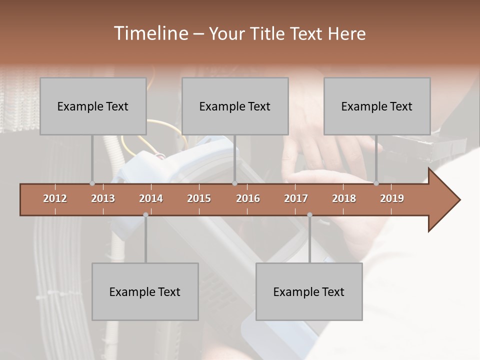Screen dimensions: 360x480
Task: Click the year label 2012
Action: pyautogui.click(x=55, y=198)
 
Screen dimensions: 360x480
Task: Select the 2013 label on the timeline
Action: pyautogui.click(x=103, y=198)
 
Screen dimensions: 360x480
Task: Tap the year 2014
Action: pyautogui.click(x=151, y=198)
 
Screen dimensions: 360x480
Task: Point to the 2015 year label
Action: pyautogui.click(x=199, y=198)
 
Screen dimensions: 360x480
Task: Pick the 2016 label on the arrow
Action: pyautogui.click(x=248, y=198)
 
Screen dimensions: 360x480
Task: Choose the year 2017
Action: pyautogui.click(x=296, y=198)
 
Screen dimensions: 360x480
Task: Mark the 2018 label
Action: pyautogui.click(x=344, y=198)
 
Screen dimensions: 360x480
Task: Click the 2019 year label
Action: pyautogui.click(x=392, y=198)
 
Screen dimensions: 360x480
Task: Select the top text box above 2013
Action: pyautogui.click(x=93, y=106)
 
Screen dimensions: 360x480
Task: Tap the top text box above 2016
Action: pyautogui.click(x=235, y=106)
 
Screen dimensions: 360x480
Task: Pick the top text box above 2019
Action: pyautogui.click(x=377, y=106)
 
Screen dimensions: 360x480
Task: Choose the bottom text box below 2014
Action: pyautogui.click(x=145, y=291)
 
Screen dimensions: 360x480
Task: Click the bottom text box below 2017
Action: pyautogui.click(x=309, y=291)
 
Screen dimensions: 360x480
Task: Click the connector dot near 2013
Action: pyautogui.click(x=92, y=183)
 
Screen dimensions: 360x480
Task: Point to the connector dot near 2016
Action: pyautogui.click(x=234, y=183)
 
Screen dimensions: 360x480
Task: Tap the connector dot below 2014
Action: pyautogui.click(x=145, y=215)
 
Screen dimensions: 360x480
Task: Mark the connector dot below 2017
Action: pyautogui.click(x=309, y=215)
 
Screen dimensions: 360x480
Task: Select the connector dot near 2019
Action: pyautogui.click(x=376, y=183)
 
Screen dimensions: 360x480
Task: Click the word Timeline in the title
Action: pyautogui.click(x=150, y=33)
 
